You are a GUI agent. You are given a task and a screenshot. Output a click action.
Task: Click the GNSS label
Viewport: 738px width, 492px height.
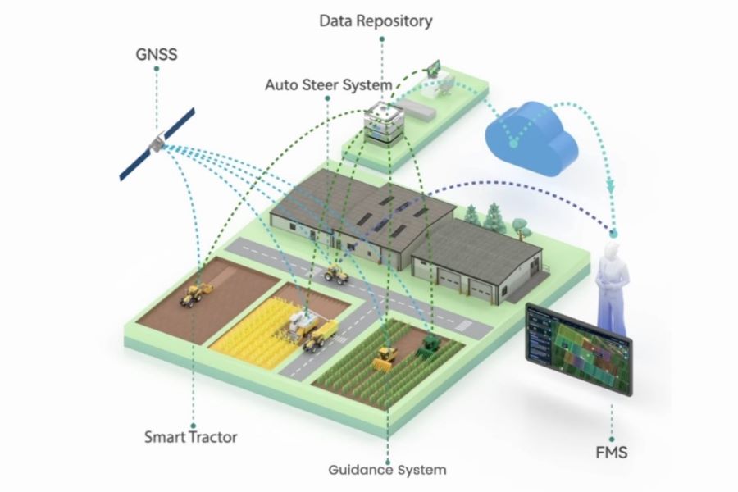coord(156,56)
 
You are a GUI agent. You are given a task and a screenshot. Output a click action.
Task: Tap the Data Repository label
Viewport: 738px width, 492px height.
coord(376,21)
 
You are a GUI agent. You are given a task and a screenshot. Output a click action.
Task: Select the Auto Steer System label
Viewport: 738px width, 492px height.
coord(328,84)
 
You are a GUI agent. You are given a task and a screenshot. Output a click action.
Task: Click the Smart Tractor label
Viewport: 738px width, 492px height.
coord(190,436)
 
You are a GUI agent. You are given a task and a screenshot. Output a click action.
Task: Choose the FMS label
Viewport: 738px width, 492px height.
coord(612,451)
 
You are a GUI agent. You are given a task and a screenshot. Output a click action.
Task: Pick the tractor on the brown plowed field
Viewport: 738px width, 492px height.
coord(196,294)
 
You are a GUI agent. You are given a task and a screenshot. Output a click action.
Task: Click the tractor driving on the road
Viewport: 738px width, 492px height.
coord(335,273)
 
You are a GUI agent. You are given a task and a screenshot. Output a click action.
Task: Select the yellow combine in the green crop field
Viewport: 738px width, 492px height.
coord(385,357)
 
